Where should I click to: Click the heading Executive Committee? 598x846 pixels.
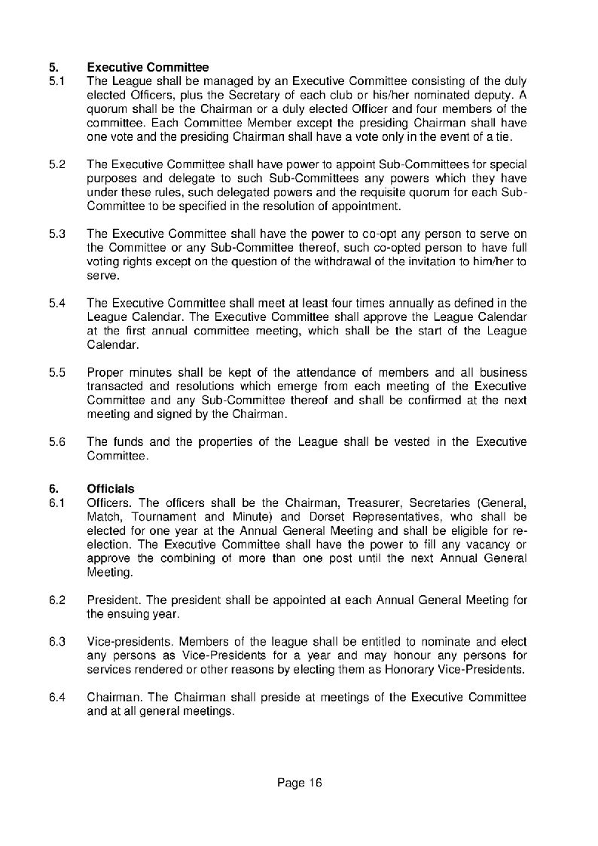tap(148, 68)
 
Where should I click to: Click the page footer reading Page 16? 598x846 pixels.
tap(299, 783)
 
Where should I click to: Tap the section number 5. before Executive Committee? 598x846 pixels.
tap(53, 68)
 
